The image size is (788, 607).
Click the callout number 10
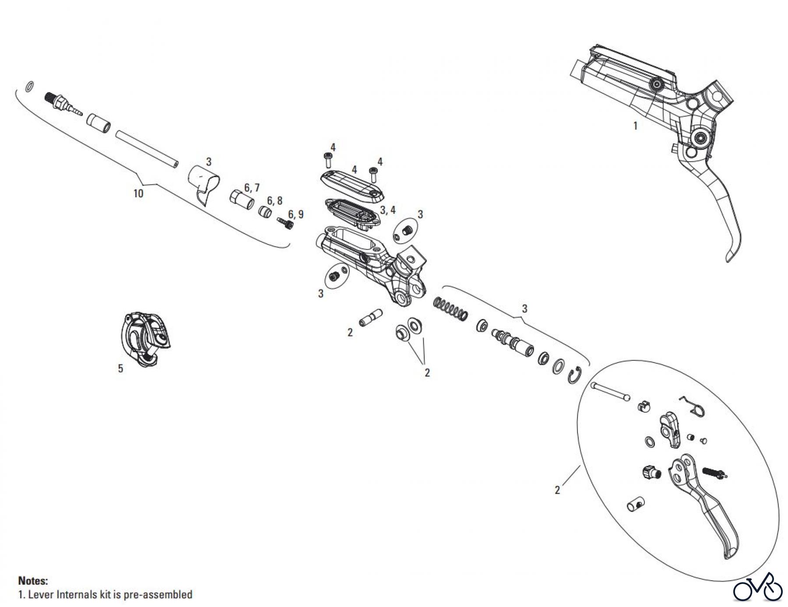[x=138, y=193]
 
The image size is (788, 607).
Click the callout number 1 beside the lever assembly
[x=635, y=126]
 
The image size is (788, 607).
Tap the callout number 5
[x=120, y=368]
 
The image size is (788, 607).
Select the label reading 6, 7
[x=252, y=188]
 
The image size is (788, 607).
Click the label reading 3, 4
[x=387, y=210]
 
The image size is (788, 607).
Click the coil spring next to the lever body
[x=450, y=308]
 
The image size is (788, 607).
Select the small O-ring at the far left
[x=29, y=87]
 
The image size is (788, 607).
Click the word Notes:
[x=33, y=581]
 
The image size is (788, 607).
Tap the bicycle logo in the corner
[x=757, y=587]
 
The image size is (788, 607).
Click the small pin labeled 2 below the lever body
[x=371, y=317]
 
